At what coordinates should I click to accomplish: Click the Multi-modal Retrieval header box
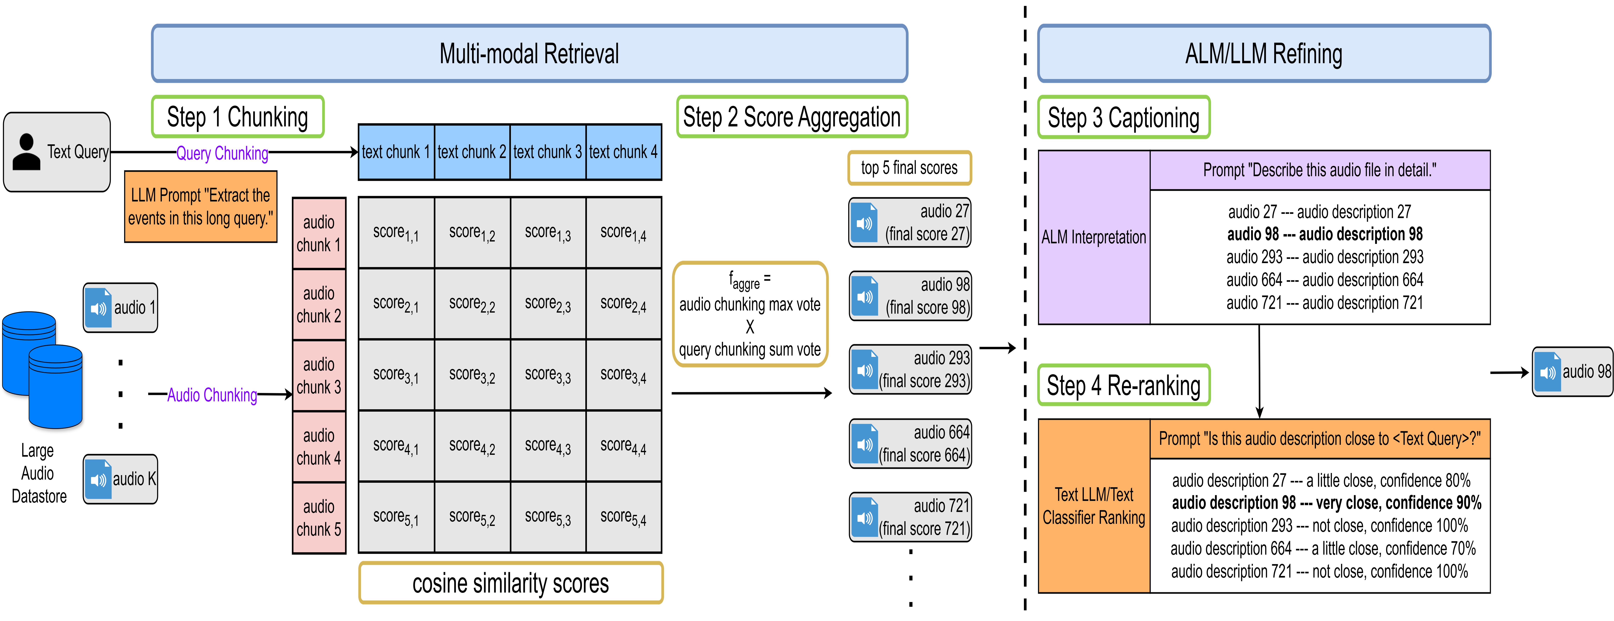pyautogui.click(x=529, y=53)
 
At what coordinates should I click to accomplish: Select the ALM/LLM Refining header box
pyautogui.click(x=1264, y=53)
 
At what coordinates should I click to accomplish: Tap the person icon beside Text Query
pyautogui.click(x=26, y=152)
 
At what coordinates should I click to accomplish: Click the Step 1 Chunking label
pyautogui.click(x=237, y=116)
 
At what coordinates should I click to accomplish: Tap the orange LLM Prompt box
pyautogui.click(x=200, y=207)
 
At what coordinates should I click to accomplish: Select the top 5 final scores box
pyautogui.click(x=909, y=168)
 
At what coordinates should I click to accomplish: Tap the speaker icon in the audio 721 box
pyautogui.click(x=865, y=517)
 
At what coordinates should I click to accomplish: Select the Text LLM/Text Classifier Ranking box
pyautogui.click(x=1094, y=506)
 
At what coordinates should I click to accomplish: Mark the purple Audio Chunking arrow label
pyautogui.click(x=212, y=395)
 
